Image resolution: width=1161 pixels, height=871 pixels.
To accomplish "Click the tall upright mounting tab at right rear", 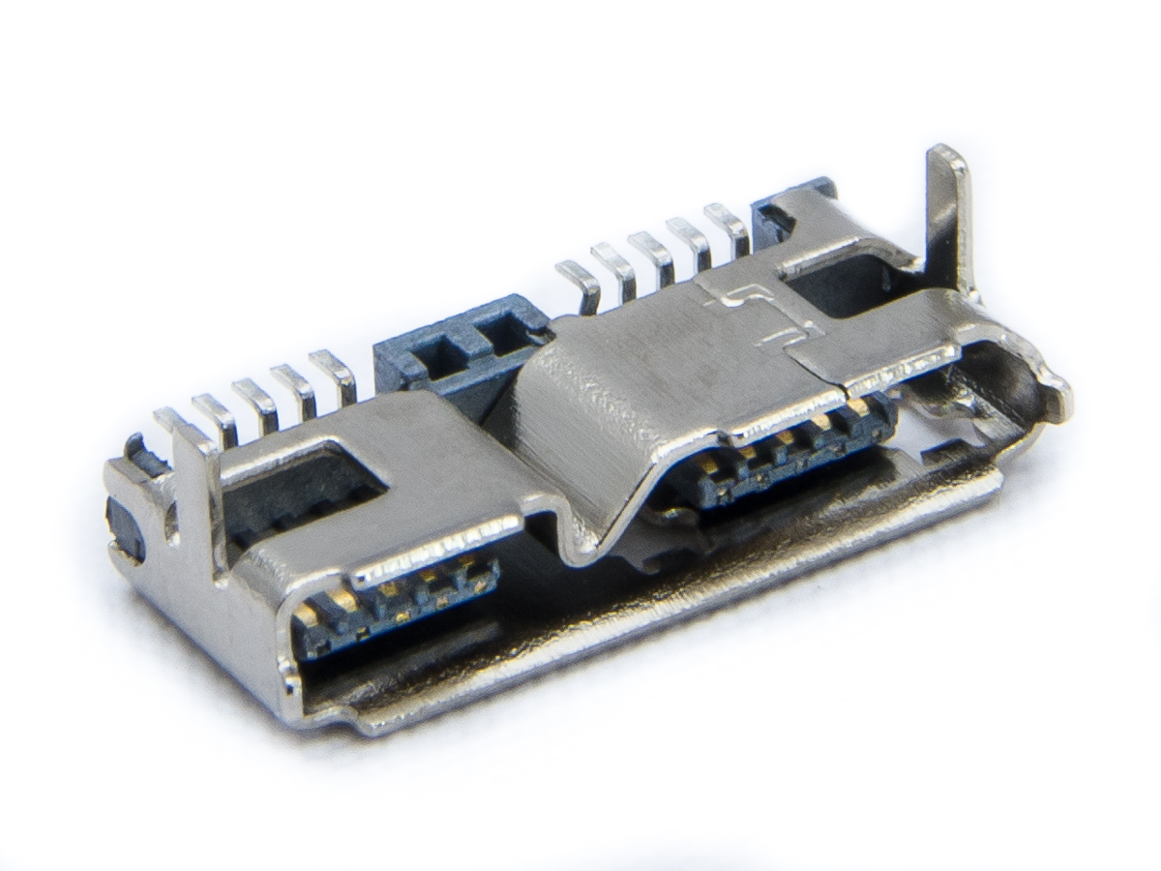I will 946,208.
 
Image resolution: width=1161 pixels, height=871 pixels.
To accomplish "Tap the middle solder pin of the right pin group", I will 652,250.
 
